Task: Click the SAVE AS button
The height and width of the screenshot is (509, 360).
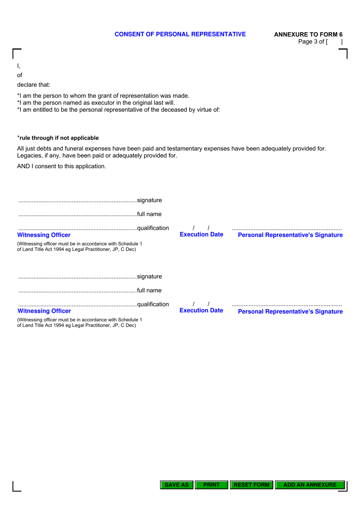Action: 177,485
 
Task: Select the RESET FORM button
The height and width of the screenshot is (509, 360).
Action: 251,485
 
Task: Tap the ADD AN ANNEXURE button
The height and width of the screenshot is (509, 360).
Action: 310,485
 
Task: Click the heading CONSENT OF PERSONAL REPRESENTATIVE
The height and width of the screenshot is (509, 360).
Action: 180,34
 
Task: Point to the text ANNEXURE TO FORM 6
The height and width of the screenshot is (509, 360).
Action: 308,34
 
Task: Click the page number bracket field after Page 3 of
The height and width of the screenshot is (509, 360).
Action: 335,42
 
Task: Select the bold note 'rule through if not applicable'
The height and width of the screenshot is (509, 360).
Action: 59,138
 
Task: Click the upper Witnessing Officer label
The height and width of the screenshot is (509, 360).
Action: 44,235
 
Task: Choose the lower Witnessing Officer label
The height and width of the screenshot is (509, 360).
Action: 44,311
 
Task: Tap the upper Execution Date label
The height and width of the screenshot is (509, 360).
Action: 201,235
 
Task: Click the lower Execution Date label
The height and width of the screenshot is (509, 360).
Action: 201,310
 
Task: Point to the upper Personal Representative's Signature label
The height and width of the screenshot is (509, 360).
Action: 290,235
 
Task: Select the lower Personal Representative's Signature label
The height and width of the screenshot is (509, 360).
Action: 290,312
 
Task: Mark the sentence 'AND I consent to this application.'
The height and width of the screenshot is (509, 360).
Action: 61,166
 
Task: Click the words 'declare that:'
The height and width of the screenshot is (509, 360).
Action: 34,85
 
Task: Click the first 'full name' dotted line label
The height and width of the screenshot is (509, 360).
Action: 149,214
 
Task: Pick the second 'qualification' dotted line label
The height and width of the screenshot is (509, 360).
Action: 153,304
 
